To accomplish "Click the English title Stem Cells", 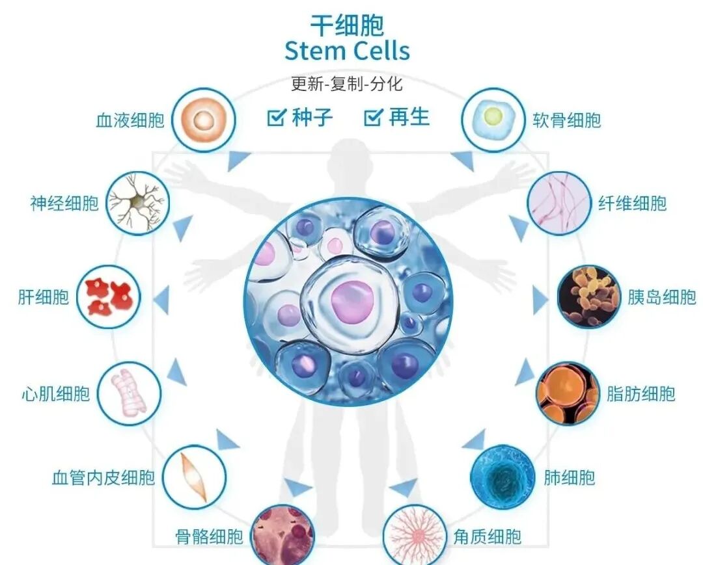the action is point(347,51).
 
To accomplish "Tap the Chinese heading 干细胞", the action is point(347,25).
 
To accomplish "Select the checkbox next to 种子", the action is point(277,118).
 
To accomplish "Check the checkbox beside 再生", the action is point(372,118).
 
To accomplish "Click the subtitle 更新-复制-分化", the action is point(347,84).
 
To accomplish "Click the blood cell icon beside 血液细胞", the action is point(203,120).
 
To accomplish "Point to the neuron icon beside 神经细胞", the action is point(137,202).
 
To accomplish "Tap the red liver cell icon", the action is point(109,297).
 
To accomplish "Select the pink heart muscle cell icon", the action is point(129,393).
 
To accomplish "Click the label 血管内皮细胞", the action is point(103,478).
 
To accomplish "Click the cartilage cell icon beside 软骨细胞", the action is point(493,120).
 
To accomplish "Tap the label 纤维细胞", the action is point(632,204).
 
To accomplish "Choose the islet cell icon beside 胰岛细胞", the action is point(589,296).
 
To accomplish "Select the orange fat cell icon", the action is point(568,393).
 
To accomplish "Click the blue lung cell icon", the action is point(503,477).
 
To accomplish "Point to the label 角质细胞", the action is point(487,537).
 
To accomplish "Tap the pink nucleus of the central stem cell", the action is point(351,302).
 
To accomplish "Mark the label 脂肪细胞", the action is point(641,393).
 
